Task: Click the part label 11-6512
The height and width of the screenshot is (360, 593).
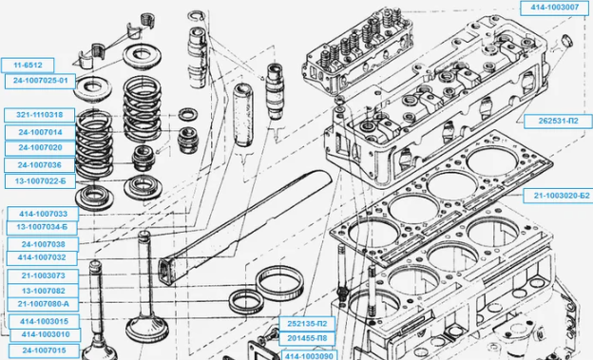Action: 28,65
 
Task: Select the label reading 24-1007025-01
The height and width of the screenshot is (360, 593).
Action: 40,81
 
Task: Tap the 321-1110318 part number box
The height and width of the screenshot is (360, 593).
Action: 39,115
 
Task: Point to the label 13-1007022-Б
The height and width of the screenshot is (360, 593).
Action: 40,181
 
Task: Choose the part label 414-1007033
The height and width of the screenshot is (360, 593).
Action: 43,214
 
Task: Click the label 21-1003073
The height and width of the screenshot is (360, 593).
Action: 43,276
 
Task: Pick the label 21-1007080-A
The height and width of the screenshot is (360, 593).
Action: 43,304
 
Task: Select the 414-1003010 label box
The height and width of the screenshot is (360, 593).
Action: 46,334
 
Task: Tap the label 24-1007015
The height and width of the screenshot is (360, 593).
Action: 44,351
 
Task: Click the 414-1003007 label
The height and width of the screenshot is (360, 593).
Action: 554,8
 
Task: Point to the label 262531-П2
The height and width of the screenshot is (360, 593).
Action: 558,122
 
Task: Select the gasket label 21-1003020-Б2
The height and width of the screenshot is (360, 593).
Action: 558,196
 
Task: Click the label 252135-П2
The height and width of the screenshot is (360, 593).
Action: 307,324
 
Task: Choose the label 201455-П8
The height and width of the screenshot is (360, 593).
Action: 307,338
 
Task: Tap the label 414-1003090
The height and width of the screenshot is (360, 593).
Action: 309,356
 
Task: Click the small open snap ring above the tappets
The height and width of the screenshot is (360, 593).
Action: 197,16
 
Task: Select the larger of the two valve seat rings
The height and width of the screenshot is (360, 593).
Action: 279,282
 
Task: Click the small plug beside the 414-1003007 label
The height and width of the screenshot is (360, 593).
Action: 566,40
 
